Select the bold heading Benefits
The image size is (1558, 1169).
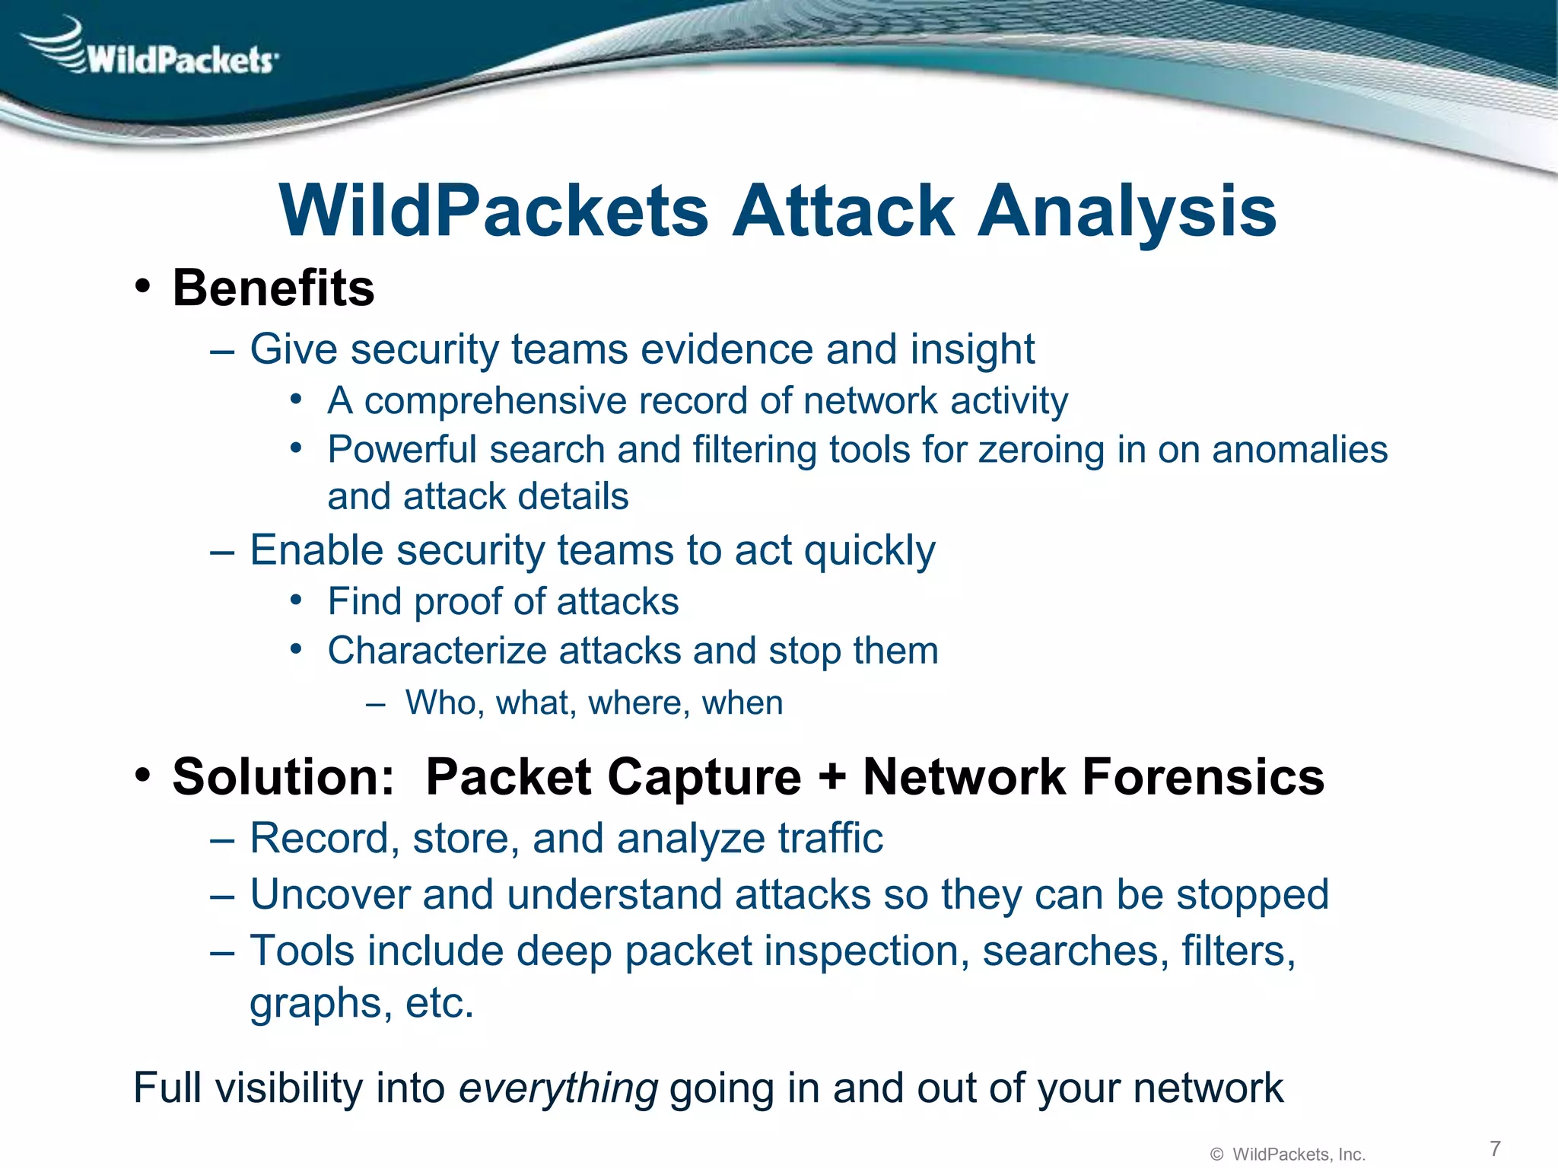pyautogui.click(x=273, y=288)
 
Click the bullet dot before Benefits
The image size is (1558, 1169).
pyautogui.click(x=142, y=288)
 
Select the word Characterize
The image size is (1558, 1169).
pyautogui.click(x=437, y=651)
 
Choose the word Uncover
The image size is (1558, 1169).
pyautogui.click(x=330, y=895)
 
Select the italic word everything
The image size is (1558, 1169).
pyautogui.click(x=558, y=1088)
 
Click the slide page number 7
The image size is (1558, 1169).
pyautogui.click(x=1495, y=1148)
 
